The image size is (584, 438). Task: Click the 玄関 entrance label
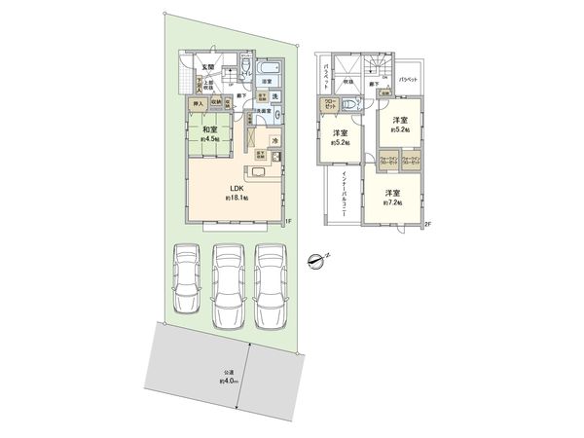point(207,66)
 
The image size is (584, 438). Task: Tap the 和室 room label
point(210,128)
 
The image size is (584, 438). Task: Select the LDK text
point(237,189)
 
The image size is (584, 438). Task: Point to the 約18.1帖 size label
point(237,199)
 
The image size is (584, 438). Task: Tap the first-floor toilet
point(244,68)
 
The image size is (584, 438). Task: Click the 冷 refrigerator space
point(275,141)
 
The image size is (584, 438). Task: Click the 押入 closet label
point(196,102)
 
